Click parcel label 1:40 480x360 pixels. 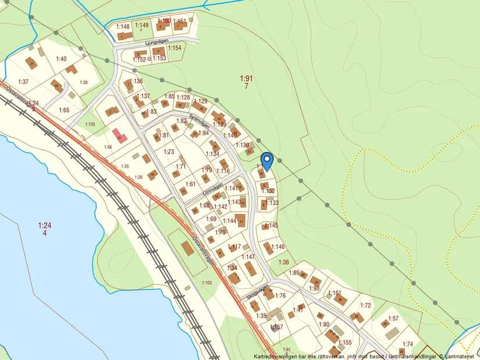pyautogui.click(x=61, y=59)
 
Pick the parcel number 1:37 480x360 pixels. pyautogui.click(x=23, y=81)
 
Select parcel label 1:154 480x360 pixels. pyautogui.click(x=175, y=48)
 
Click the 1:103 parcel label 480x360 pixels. pyautogui.click(x=207, y=283)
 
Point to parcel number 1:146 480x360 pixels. pyautogui.click(x=278, y=247)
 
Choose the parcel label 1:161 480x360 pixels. pyautogui.click(x=335, y=293)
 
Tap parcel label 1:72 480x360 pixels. pyautogui.click(x=365, y=305)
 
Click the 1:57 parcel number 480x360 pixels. pyautogui.click(x=393, y=319)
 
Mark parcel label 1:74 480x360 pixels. pyautogui.click(x=407, y=344)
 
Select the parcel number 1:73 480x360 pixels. pyautogui.click(x=169, y=152)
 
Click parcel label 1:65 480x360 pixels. pyautogui.click(x=64, y=110)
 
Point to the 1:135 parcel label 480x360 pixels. pyautogui.click(x=90, y=124)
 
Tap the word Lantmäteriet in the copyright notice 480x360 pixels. pyautogui.click(x=460, y=356)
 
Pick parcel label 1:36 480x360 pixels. pyautogui.click(x=284, y=262)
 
